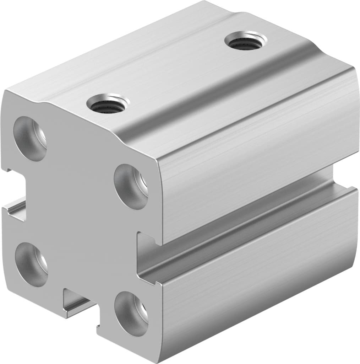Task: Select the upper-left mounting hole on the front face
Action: click(x=30, y=138)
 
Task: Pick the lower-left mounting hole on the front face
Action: click(x=31, y=264)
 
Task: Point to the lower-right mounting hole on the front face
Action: click(x=131, y=313)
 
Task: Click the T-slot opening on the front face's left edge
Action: click(x=14, y=192)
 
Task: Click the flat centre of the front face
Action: click(x=78, y=213)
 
